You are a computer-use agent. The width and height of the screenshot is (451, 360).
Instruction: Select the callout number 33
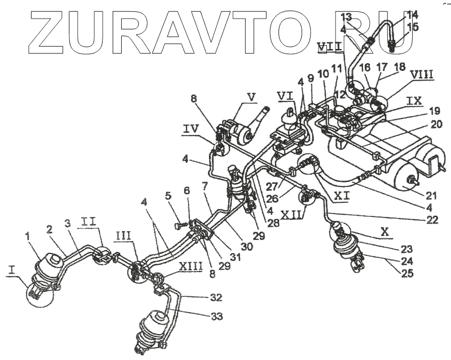click(x=217, y=317)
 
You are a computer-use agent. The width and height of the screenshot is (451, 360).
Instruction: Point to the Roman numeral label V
click(x=251, y=96)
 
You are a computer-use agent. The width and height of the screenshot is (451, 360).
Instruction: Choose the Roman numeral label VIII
click(x=421, y=74)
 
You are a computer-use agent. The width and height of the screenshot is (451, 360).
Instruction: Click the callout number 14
click(x=412, y=14)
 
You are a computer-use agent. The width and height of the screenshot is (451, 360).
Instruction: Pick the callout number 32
click(x=216, y=297)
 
